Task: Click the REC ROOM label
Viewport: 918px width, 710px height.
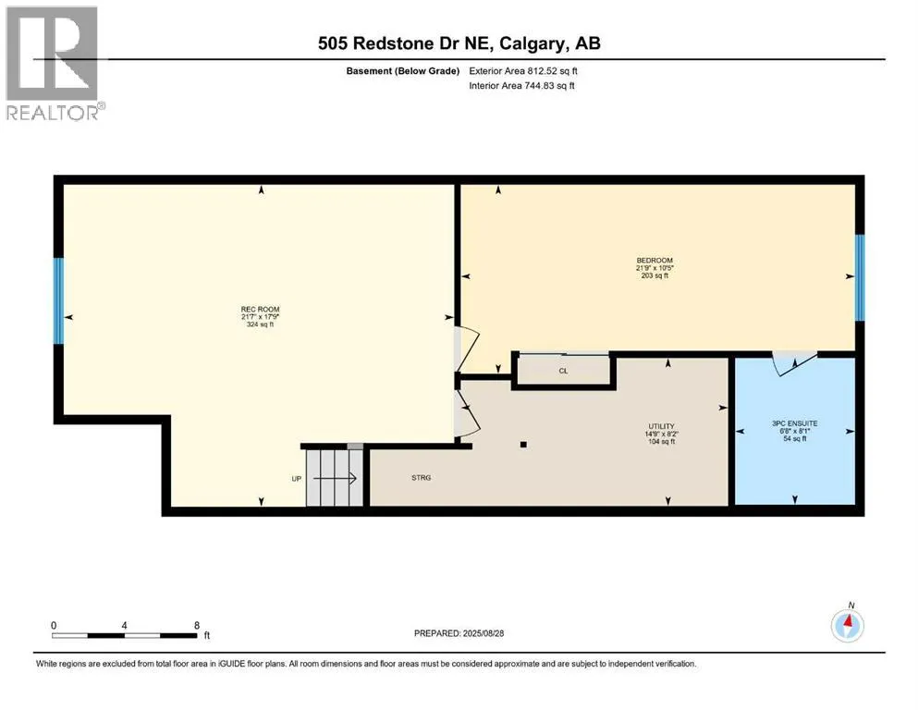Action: [x=260, y=309]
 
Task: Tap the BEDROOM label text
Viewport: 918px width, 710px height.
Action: [x=655, y=261]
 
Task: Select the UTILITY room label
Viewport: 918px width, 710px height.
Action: [x=662, y=426]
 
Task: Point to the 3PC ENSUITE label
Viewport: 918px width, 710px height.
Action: [x=794, y=423]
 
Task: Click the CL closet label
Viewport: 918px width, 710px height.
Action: [x=563, y=371]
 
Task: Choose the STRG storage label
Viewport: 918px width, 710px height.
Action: [x=421, y=478]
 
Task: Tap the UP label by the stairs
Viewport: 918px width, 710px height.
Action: [x=296, y=479]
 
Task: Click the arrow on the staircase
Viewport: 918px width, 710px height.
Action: [x=335, y=478]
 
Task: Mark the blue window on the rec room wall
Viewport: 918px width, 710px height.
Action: [x=58, y=300]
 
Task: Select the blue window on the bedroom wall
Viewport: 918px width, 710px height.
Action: [x=860, y=277]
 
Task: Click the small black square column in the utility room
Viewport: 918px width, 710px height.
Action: [x=523, y=445]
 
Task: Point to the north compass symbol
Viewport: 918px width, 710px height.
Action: [x=847, y=625]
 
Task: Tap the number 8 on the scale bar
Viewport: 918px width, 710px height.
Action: [x=197, y=625]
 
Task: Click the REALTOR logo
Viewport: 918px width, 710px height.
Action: [x=54, y=63]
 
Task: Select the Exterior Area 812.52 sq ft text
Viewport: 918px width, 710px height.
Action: [x=523, y=71]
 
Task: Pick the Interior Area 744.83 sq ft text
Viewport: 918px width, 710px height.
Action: [x=521, y=85]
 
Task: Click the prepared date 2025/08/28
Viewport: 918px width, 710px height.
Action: [x=483, y=633]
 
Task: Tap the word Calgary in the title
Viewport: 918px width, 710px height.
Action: [x=532, y=43]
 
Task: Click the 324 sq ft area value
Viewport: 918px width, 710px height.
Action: [x=260, y=324]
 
